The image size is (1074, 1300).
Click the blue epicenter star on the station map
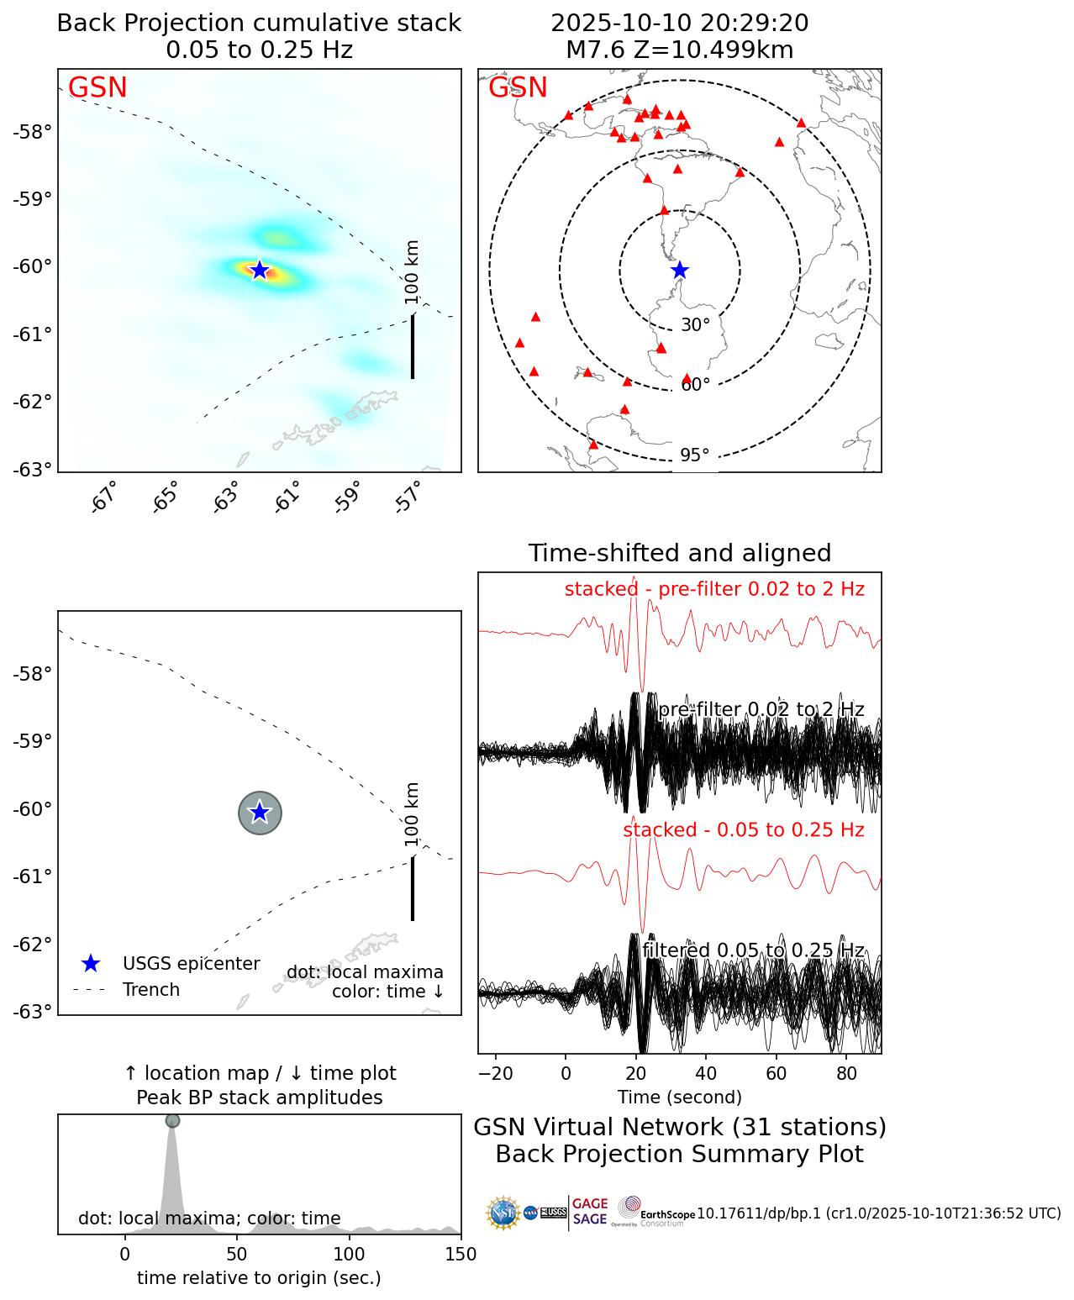tap(680, 271)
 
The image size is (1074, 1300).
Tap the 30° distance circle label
tap(695, 325)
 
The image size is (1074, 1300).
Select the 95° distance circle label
tap(695, 455)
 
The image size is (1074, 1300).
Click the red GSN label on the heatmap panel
tap(97, 88)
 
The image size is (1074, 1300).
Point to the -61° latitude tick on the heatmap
tap(34, 334)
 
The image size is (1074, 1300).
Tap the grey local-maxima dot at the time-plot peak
tap(172, 1120)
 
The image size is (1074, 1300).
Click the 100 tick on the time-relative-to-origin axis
tap(349, 1255)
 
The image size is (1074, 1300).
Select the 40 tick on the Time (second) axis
tap(706, 1073)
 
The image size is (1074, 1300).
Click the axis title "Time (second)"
tap(679, 1097)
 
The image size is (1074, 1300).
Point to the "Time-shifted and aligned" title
tap(679, 553)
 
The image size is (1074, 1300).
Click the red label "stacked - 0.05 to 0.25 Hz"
tap(743, 830)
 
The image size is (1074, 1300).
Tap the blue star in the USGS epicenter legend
tap(91, 964)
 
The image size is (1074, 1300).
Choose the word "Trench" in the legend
tap(151, 990)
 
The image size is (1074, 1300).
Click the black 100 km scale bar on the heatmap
tap(413, 346)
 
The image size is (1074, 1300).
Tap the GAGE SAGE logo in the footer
tap(589, 1212)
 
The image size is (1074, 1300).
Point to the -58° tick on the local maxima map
tap(34, 674)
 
